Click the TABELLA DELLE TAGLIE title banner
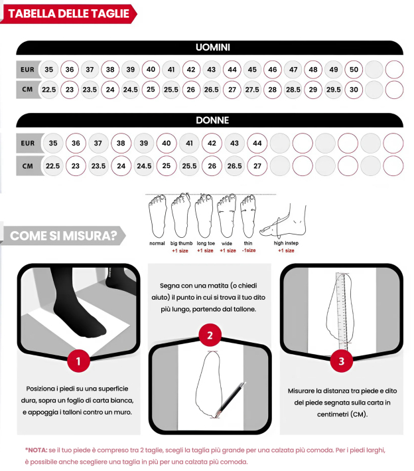(x=68, y=14)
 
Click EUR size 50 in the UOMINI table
(x=354, y=70)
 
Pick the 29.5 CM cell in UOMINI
(x=334, y=90)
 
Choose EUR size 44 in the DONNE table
(x=257, y=143)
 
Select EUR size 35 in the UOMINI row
(x=48, y=70)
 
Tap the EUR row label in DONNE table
(x=28, y=143)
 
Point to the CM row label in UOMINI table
(x=28, y=90)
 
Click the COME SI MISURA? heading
(x=65, y=235)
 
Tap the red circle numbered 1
(x=78, y=361)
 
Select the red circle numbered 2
(x=210, y=335)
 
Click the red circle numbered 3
(x=341, y=361)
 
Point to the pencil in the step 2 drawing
(x=230, y=399)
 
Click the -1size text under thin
(x=249, y=250)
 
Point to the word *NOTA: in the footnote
(x=37, y=450)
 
